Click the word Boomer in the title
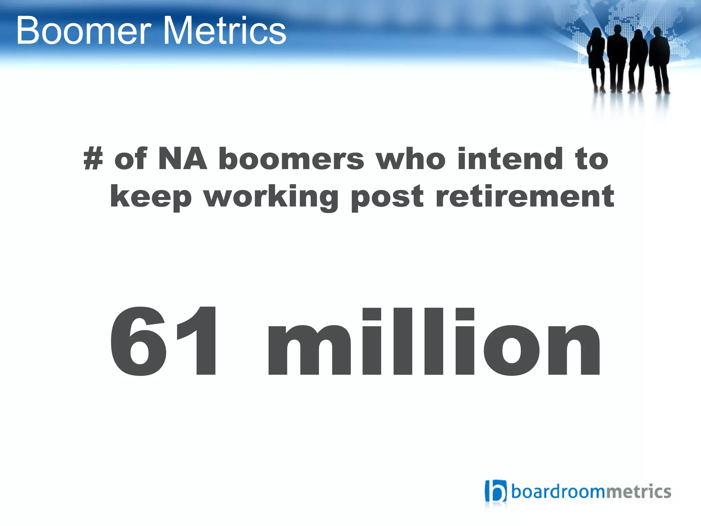(84, 32)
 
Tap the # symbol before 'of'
(93, 159)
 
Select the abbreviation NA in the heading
(182, 159)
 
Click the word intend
(510, 159)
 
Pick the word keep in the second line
(151, 197)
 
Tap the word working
(271, 197)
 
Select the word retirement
(525, 197)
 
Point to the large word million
(434, 342)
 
